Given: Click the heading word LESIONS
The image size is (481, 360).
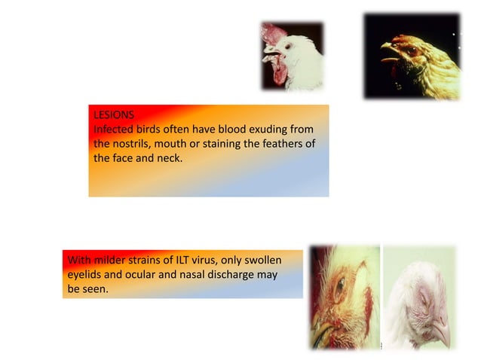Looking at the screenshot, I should tap(114, 115).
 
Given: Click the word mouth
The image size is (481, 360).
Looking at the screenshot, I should tap(181, 144).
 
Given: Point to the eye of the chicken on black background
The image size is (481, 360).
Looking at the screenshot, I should tap(412, 50).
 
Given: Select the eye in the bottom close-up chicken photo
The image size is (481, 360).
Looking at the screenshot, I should tap(339, 286).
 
